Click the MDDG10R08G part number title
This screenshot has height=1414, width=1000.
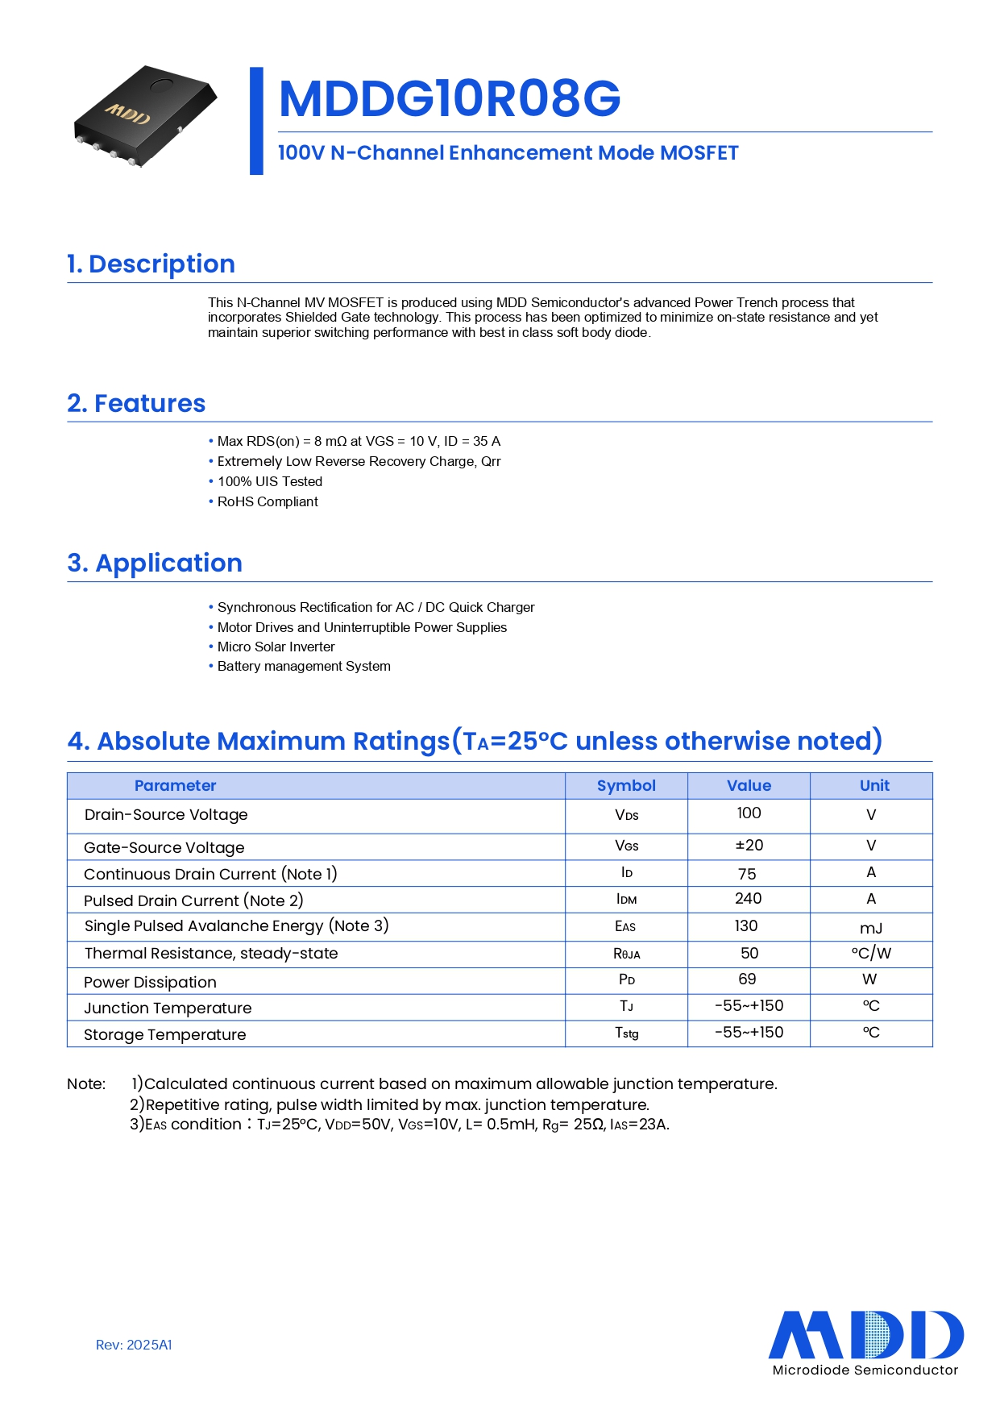(x=449, y=98)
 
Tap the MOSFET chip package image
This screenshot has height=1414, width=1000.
(x=145, y=116)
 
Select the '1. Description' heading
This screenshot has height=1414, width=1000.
(x=151, y=264)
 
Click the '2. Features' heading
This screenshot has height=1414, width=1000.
(x=136, y=403)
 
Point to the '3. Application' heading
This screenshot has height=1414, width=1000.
(x=155, y=563)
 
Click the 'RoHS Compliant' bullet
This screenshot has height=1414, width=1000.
(x=268, y=501)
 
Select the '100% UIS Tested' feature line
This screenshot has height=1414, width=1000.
(x=270, y=481)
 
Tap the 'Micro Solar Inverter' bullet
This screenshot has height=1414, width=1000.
(x=276, y=647)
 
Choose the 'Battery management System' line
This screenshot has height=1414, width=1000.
(x=304, y=666)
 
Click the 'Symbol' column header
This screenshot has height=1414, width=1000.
(x=626, y=785)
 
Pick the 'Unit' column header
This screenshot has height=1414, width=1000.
(x=874, y=785)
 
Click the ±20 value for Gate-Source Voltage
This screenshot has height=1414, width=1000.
(x=749, y=845)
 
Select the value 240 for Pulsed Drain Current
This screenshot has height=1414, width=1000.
(x=748, y=898)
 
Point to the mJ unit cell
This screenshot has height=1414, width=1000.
(x=871, y=928)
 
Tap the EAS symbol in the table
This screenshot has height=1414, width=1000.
(x=625, y=926)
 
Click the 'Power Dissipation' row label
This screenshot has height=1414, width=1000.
(x=151, y=982)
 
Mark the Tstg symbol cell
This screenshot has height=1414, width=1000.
(x=626, y=1033)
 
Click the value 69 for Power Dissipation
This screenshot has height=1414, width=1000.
(x=747, y=979)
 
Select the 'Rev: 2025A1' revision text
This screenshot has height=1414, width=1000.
(x=134, y=1345)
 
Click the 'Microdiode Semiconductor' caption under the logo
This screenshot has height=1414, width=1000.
(x=865, y=1370)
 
